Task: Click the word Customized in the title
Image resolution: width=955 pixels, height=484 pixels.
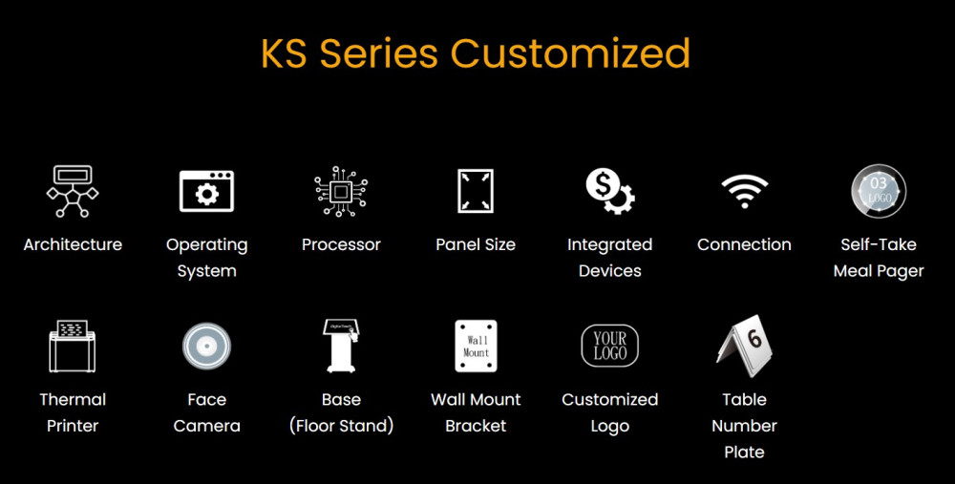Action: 570,53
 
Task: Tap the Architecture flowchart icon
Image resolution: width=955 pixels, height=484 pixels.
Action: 73,191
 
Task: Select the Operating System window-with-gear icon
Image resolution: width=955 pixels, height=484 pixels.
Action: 206,191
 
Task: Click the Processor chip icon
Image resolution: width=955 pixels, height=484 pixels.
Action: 341,191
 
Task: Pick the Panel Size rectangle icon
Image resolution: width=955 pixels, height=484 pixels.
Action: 476,191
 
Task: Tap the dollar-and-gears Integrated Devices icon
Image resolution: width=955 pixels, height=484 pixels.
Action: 610,191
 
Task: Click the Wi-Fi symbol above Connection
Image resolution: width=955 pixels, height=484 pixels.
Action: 744,191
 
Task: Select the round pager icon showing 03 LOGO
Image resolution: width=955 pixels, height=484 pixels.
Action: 879,191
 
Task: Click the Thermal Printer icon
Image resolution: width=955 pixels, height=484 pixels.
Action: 73,346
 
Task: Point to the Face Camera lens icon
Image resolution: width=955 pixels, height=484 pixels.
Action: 206,346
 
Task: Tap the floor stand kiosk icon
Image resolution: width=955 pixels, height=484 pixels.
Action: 341,346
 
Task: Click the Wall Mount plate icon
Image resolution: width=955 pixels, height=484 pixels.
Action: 476,346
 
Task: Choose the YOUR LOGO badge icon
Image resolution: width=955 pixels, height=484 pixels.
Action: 609,346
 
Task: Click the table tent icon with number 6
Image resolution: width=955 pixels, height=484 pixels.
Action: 744,346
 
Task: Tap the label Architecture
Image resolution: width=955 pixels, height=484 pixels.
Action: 73,244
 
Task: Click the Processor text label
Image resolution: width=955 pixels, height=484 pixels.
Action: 341,244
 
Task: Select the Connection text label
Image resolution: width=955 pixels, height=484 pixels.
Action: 744,244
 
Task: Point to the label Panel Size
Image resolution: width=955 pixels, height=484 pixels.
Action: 476,244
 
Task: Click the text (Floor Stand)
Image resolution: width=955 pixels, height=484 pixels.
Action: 341,426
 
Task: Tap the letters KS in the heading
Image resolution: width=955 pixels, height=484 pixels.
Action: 286,53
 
